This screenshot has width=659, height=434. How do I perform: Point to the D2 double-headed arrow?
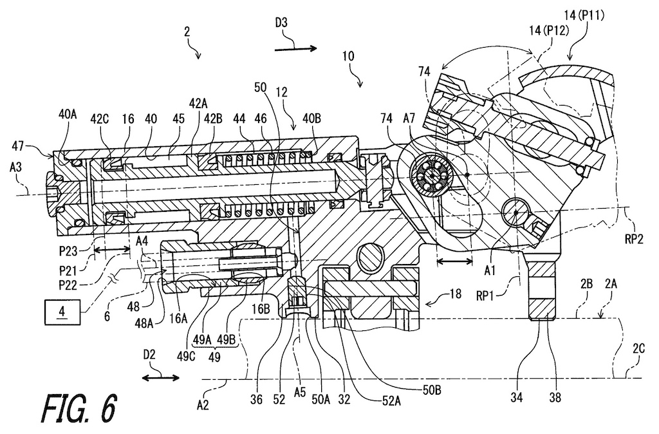coord(160,375)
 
